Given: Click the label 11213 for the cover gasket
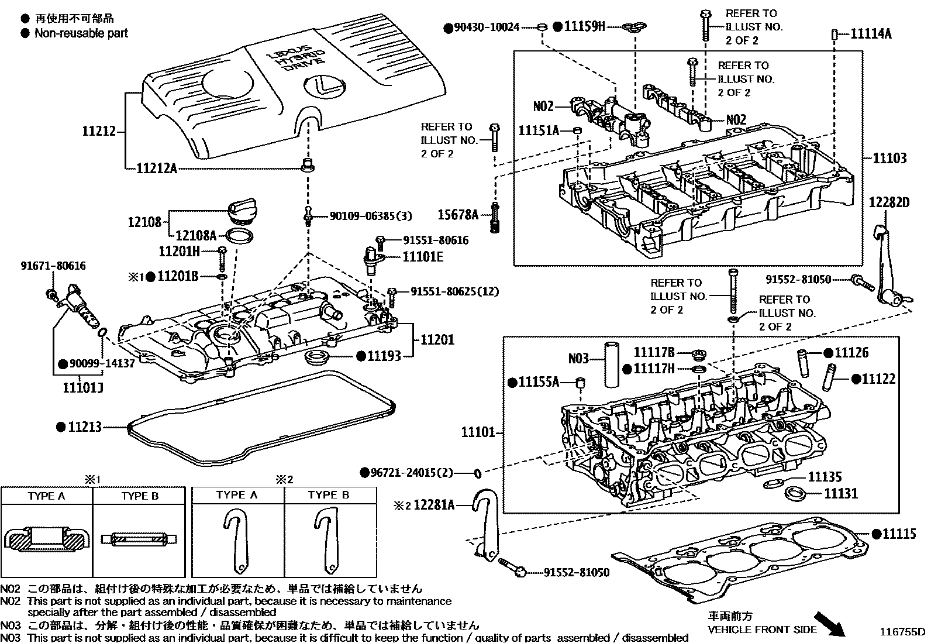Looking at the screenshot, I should (x=84, y=427).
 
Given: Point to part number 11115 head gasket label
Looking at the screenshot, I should (x=899, y=534).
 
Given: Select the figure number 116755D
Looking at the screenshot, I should (x=904, y=632).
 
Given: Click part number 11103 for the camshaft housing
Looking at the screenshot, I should (x=889, y=158).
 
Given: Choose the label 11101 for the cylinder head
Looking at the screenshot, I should (x=478, y=433).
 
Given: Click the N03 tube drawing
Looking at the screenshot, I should (x=611, y=364).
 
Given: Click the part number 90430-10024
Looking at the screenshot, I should (x=486, y=27).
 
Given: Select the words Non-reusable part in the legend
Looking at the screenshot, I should (x=81, y=33).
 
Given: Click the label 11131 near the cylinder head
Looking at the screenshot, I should (x=841, y=494).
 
